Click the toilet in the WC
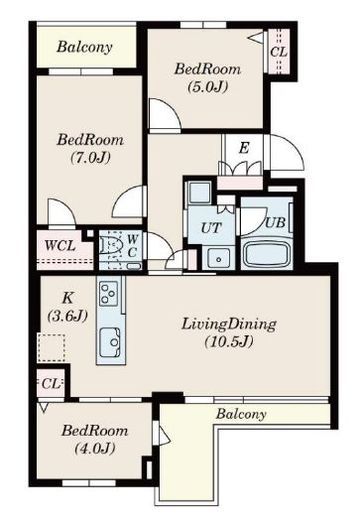tap(111, 247)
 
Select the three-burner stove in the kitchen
tap(109, 293)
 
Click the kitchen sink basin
tap(110, 341)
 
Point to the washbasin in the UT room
tap(218, 258)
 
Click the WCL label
tap(60, 246)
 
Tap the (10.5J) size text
tap(229, 341)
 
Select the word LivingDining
tap(229, 324)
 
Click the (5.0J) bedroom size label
tap(208, 87)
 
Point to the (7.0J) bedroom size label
tap(90, 157)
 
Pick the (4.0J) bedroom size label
tap(95, 448)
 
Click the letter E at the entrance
tap(244, 148)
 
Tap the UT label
tap(211, 228)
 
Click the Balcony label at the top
tap(84, 47)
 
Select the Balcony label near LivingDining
tap(241, 414)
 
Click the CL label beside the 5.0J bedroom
tap(279, 52)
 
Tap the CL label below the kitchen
tap(51, 384)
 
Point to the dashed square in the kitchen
tap(51, 348)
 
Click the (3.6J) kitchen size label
tap(68, 315)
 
